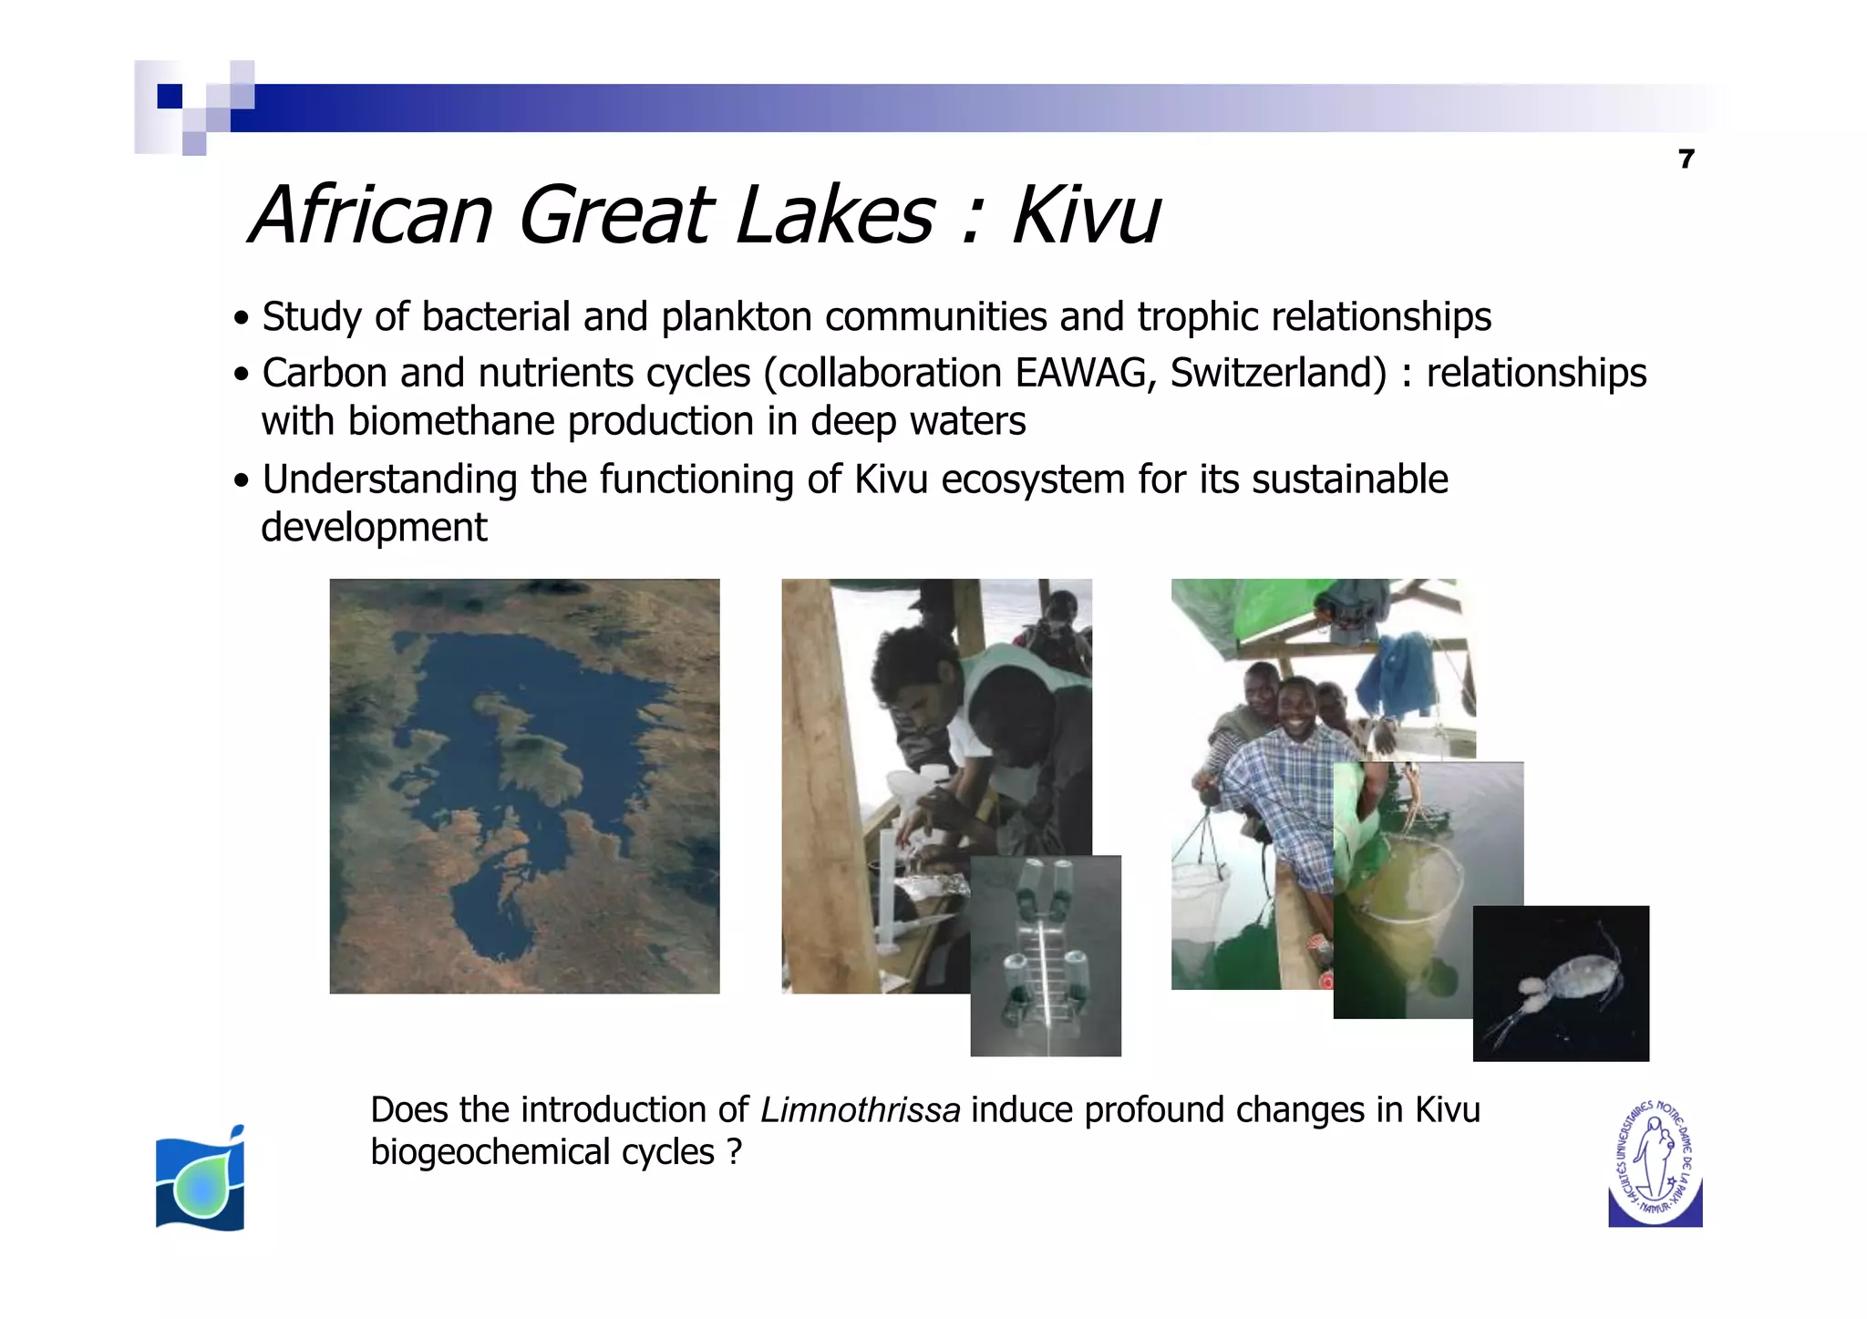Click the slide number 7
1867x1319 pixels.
click(1686, 160)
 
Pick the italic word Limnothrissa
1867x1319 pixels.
click(860, 1110)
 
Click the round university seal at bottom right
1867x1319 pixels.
click(1655, 1164)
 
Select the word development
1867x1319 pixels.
click(374, 528)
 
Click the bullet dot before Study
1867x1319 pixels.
click(241, 319)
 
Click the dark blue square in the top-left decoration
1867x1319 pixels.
click(170, 96)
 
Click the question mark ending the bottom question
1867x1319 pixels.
click(735, 1152)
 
